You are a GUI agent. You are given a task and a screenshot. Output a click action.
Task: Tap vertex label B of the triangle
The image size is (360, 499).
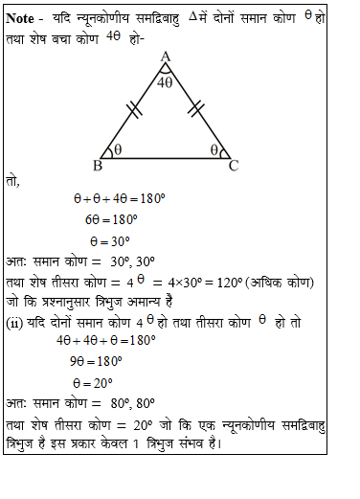point(98,166)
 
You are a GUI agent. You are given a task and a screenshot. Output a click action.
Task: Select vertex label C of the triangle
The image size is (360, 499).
point(233,166)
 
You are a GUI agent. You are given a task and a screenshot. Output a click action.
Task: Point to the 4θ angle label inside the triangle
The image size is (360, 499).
point(165,82)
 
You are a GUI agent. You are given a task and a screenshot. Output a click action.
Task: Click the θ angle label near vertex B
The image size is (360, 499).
point(118,150)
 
